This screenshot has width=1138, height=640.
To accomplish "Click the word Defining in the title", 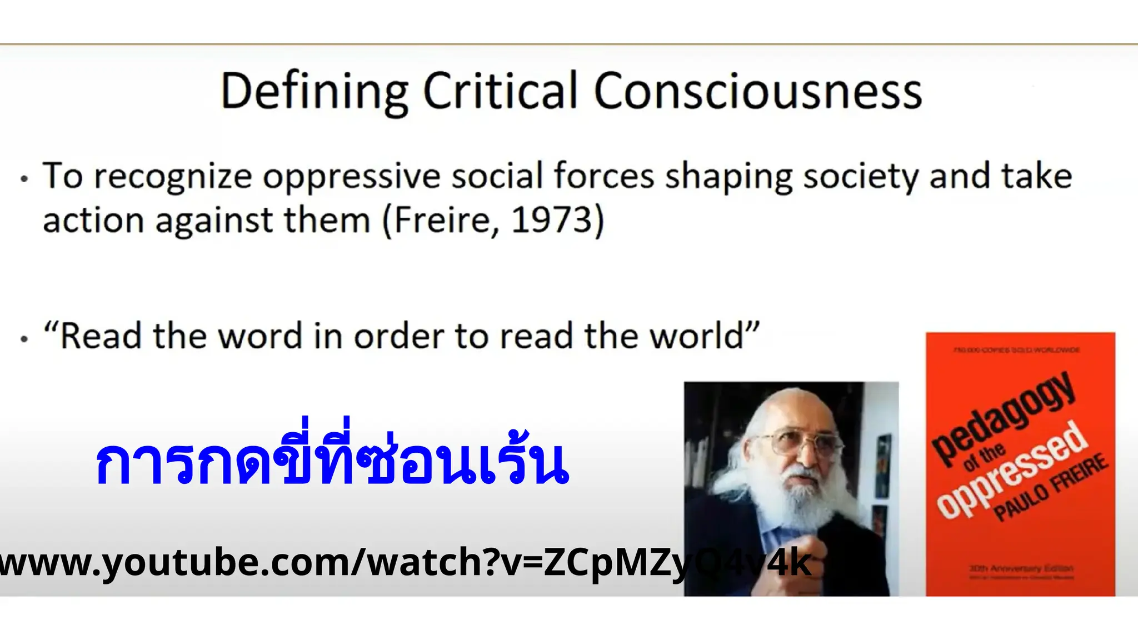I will pyautogui.click(x=315, y=92).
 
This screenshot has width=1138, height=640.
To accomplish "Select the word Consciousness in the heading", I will pyautogui.click(x=758, y=92).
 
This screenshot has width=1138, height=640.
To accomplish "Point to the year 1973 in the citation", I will pyautogui.click(x=552, y=220).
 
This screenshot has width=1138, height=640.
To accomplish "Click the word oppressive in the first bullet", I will pyautogui.click(x=351, y=177).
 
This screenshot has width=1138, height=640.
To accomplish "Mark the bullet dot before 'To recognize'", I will pyautogui.click(x=24, y=179).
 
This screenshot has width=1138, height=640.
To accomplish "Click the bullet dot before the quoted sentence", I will pyautogui.click(x=24, y=338).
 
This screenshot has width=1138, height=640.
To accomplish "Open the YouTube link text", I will pyautogui.click(x=406, y=562).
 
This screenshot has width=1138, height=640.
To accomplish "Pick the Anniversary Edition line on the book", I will pyautogui.click(x=1021, y=568).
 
